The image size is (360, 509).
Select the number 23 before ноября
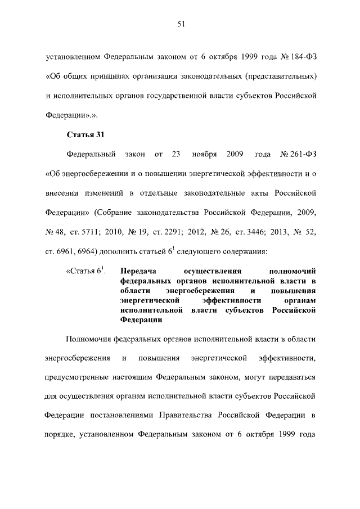tap(175, 154)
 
